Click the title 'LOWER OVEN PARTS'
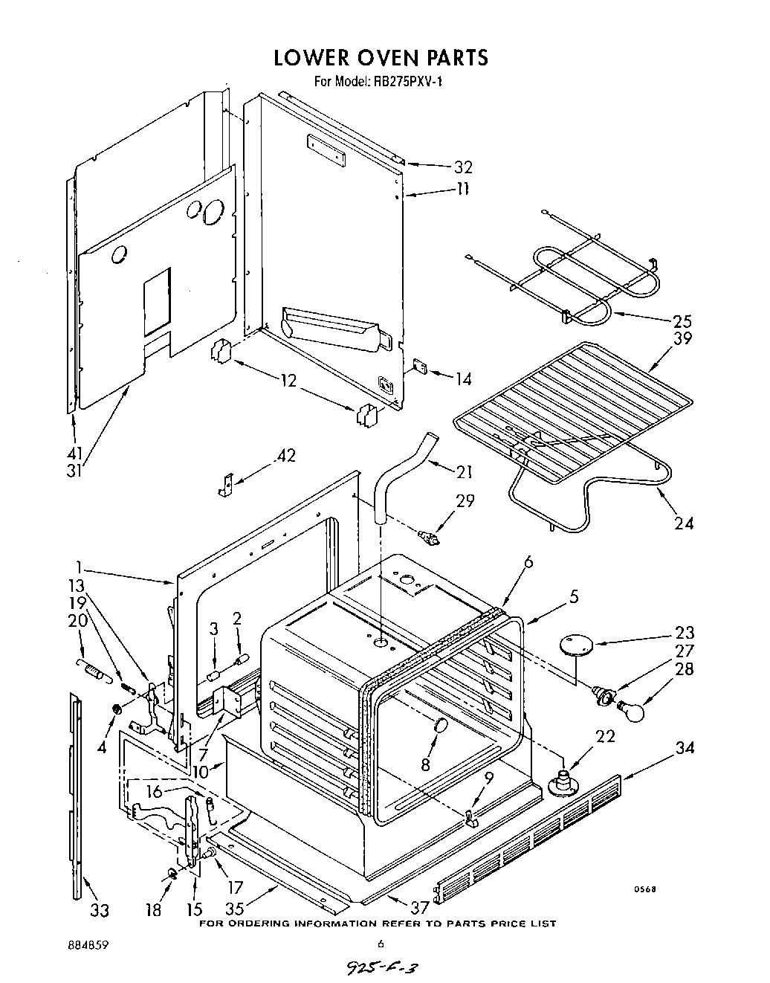click(x=381, y=57)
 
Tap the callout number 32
click(x=463, y=167)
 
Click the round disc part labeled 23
click(x=573, y=645)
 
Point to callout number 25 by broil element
click(x=682, y=321)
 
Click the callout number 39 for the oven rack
click(x=682, y=339)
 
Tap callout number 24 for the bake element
click(x=684, y=523)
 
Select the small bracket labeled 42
click(x=226, y=484)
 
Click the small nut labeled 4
click(x=117, y=709)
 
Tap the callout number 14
click(x=463, y=379)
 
